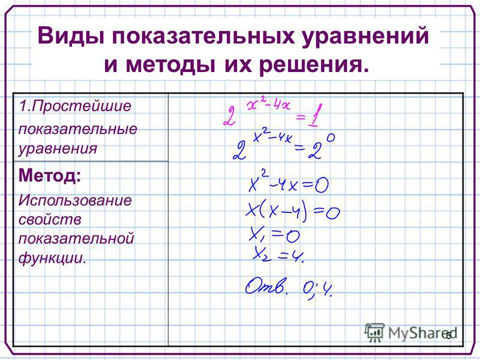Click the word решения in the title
314,65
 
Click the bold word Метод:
50,175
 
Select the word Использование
75,200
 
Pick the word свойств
50,220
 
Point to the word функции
52,258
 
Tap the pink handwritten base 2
230,116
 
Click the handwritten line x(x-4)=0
292,212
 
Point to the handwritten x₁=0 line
275,235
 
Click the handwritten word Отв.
266,287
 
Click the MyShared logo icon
374,332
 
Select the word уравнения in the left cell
58,149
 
